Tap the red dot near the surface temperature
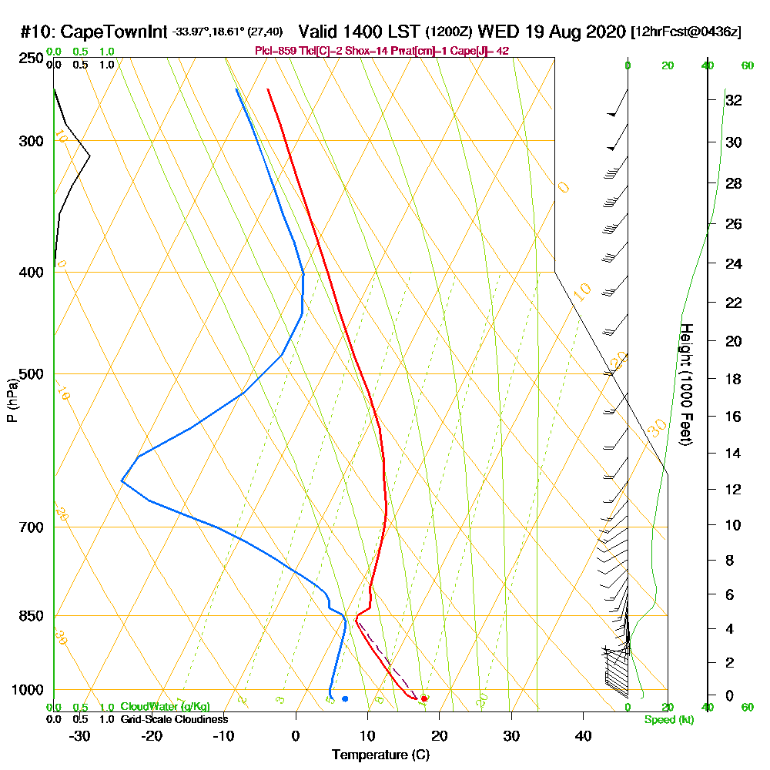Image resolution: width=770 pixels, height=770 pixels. tap(424, 698)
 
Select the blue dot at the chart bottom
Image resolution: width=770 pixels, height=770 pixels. tap(345, 698)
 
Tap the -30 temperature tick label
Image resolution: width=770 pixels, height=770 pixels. tap(80, 736)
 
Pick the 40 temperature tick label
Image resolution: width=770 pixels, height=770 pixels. tap(583, 736)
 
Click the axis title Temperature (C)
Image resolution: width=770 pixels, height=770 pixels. tap(380, 755)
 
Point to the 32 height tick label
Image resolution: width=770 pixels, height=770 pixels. tap(734, 100)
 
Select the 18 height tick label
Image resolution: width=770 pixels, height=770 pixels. tap(734, 379)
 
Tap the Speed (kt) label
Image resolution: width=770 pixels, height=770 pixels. tap(667, 720)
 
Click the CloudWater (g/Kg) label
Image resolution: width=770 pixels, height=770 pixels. tap(165, 707)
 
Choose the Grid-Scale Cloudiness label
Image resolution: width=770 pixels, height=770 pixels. tap(174, 719)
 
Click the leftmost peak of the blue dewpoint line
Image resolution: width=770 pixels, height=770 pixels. tap(122, 481)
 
